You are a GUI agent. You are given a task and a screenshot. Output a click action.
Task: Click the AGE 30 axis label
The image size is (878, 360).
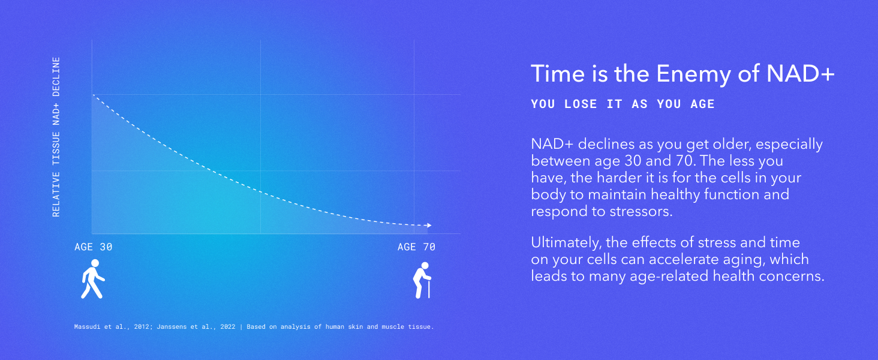pyautogui.click(x=94, y=247)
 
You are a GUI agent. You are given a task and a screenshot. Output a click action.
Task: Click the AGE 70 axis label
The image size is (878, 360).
pyautogui.click(x=416, y=247)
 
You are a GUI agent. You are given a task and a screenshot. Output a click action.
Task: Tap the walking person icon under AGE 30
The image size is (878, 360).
pyautogui.click(x=93, y=279)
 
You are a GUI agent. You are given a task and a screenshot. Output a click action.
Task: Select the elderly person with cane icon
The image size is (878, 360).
pyautogui.click(x=422, y=280)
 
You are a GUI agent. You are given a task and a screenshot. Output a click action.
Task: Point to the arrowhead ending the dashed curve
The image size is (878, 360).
pyautogui.click(x=429, y=225)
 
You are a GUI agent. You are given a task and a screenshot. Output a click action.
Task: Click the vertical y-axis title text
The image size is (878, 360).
pyautogui.click(x=56, y=137)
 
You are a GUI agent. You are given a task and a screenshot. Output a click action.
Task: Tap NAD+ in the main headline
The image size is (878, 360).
pyautogui.click(x=801, y=73)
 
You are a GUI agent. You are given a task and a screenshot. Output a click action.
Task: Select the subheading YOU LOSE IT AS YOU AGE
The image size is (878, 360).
pyautogui.click(x=623, y=104)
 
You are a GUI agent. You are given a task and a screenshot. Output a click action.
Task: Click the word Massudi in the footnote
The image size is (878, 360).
pyautogui.click(x=87, y=326)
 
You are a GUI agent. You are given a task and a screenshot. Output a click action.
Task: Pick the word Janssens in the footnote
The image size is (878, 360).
pyautogui.click(x=172, y=326)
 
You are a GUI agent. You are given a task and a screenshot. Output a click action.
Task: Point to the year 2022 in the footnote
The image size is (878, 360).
pyautogui.click(x=228, y=326)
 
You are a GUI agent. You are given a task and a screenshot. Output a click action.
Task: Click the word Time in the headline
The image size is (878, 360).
pyautogui.click(x=557, y=73)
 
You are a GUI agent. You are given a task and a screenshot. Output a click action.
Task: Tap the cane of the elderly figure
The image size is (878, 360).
pyautogui.click(x=429, y=288)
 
